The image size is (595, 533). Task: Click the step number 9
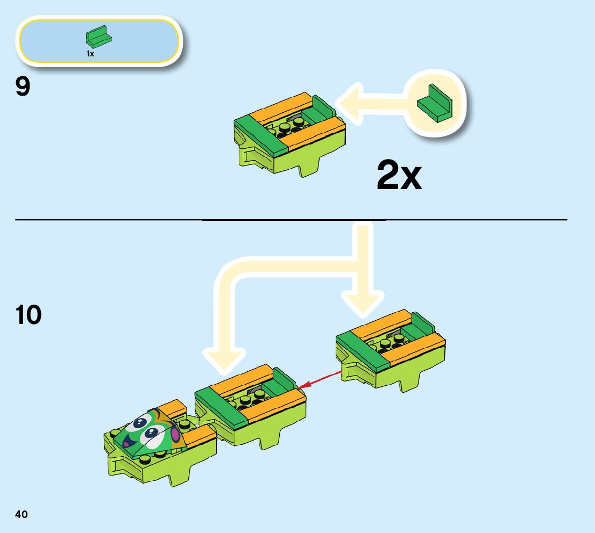coord(23,87)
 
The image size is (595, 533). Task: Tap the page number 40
coord(21,514)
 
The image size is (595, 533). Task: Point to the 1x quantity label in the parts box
coord(90,54)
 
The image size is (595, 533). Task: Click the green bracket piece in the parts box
coord(98,37)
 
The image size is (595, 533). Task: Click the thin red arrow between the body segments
coord(321,378)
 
